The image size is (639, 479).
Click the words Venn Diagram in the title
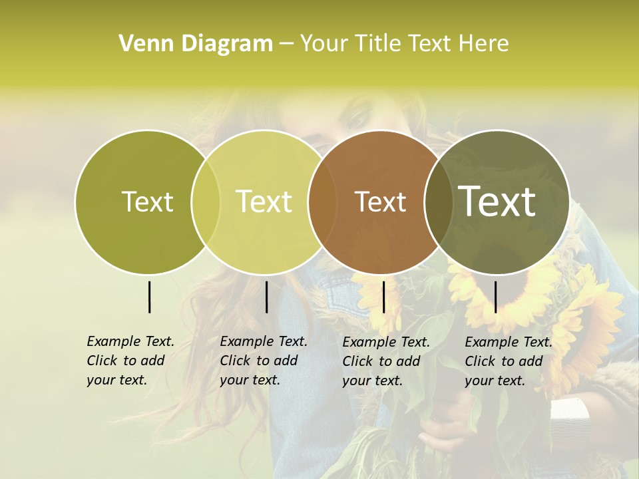coord(195,44)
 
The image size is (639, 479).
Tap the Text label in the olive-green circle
coord(147,202)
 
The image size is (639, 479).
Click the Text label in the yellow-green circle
coord(264,202)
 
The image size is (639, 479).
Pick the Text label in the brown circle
coord(380,202)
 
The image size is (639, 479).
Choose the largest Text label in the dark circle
coord(497,202)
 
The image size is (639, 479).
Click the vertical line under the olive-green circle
coord(150,297)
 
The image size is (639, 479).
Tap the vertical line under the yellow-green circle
coord(266,297)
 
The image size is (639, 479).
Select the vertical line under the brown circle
coord(384,297)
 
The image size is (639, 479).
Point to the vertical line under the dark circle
coord(496,297)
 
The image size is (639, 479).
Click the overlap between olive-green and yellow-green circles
coord(206,202)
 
